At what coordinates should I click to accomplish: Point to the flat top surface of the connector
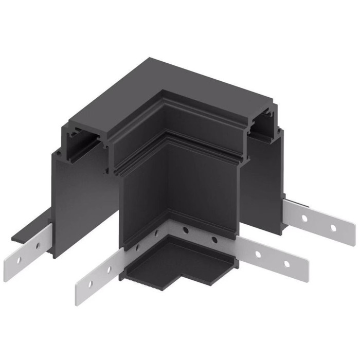click(x=170, y=93)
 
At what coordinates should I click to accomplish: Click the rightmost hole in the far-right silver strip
click(x=333, y=227)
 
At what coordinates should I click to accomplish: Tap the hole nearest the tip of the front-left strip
click(x=91, y=283)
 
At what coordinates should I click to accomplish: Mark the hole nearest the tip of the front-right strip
click(x=286, y=264)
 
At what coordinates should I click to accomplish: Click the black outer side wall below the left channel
click(x=77, y=195)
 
